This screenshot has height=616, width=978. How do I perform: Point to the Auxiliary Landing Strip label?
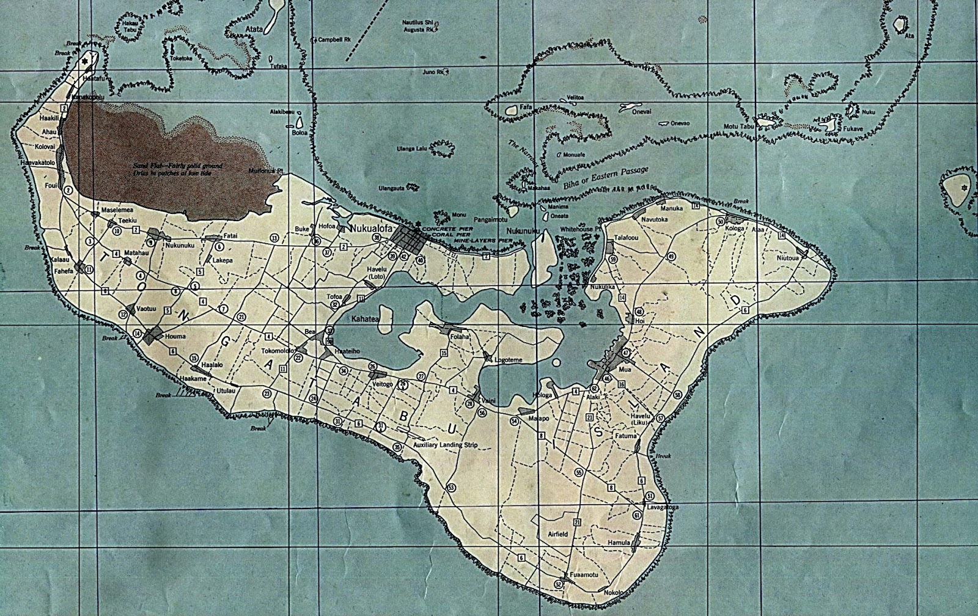tap(445, 445)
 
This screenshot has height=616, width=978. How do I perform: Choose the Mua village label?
tap(624, 370)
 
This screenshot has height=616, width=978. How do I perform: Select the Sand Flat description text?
tap(178, 169)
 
